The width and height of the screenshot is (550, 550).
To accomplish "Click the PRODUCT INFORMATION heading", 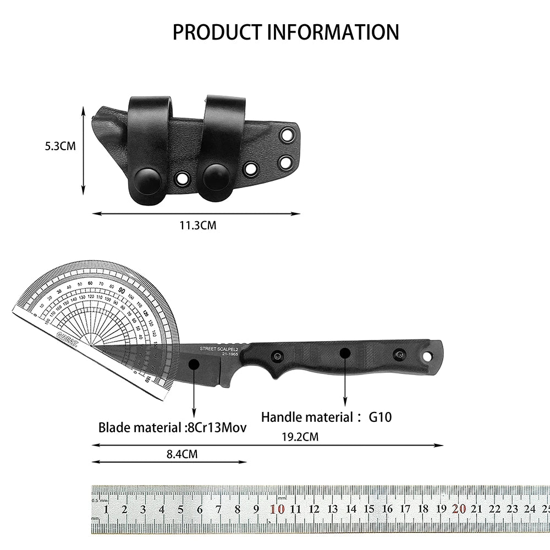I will (x=285, y=32).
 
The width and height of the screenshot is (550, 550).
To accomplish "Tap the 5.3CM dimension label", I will (x=61, y=146).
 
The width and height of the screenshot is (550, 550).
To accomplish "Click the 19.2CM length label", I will (x=300, y=437).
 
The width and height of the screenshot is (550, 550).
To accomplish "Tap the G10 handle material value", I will (x=380, y=417).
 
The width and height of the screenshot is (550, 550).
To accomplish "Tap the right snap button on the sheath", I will (x=218, y=177).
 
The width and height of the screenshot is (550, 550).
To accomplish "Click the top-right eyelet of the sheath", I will (x=286, y=135).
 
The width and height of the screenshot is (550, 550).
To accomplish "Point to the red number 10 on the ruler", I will (x=279, y=509).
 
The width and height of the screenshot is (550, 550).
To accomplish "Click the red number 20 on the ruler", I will (x=459, y=509).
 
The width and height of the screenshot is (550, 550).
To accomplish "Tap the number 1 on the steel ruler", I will (x=106, y=509).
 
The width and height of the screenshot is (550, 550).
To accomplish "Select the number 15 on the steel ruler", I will (x=369, y=509).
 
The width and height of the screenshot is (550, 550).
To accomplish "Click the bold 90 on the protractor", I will (x=122, y=291).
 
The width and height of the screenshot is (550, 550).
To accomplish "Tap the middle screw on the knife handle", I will (x=345, y=353).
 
